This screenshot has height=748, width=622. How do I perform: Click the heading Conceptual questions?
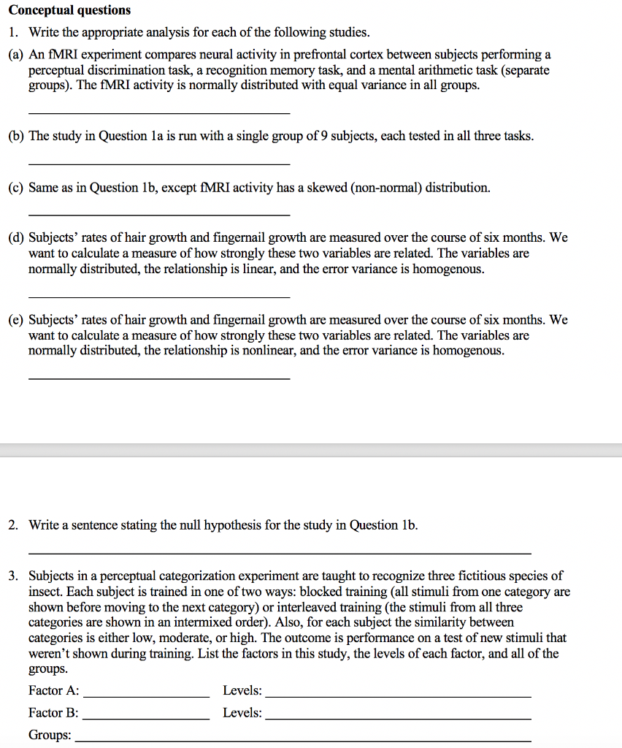(69, 10)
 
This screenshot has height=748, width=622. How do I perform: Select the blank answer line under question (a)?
(158, 112)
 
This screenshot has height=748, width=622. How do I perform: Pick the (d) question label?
(15, 238)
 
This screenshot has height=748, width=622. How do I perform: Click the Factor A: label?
(54, 691)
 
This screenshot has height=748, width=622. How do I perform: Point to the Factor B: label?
(54, 713)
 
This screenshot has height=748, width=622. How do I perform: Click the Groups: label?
(50, 736)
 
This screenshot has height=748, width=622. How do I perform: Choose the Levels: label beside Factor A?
(242, 691)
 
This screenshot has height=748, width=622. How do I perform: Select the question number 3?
(13, 576)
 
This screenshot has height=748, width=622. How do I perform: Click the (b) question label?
(15, 136)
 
